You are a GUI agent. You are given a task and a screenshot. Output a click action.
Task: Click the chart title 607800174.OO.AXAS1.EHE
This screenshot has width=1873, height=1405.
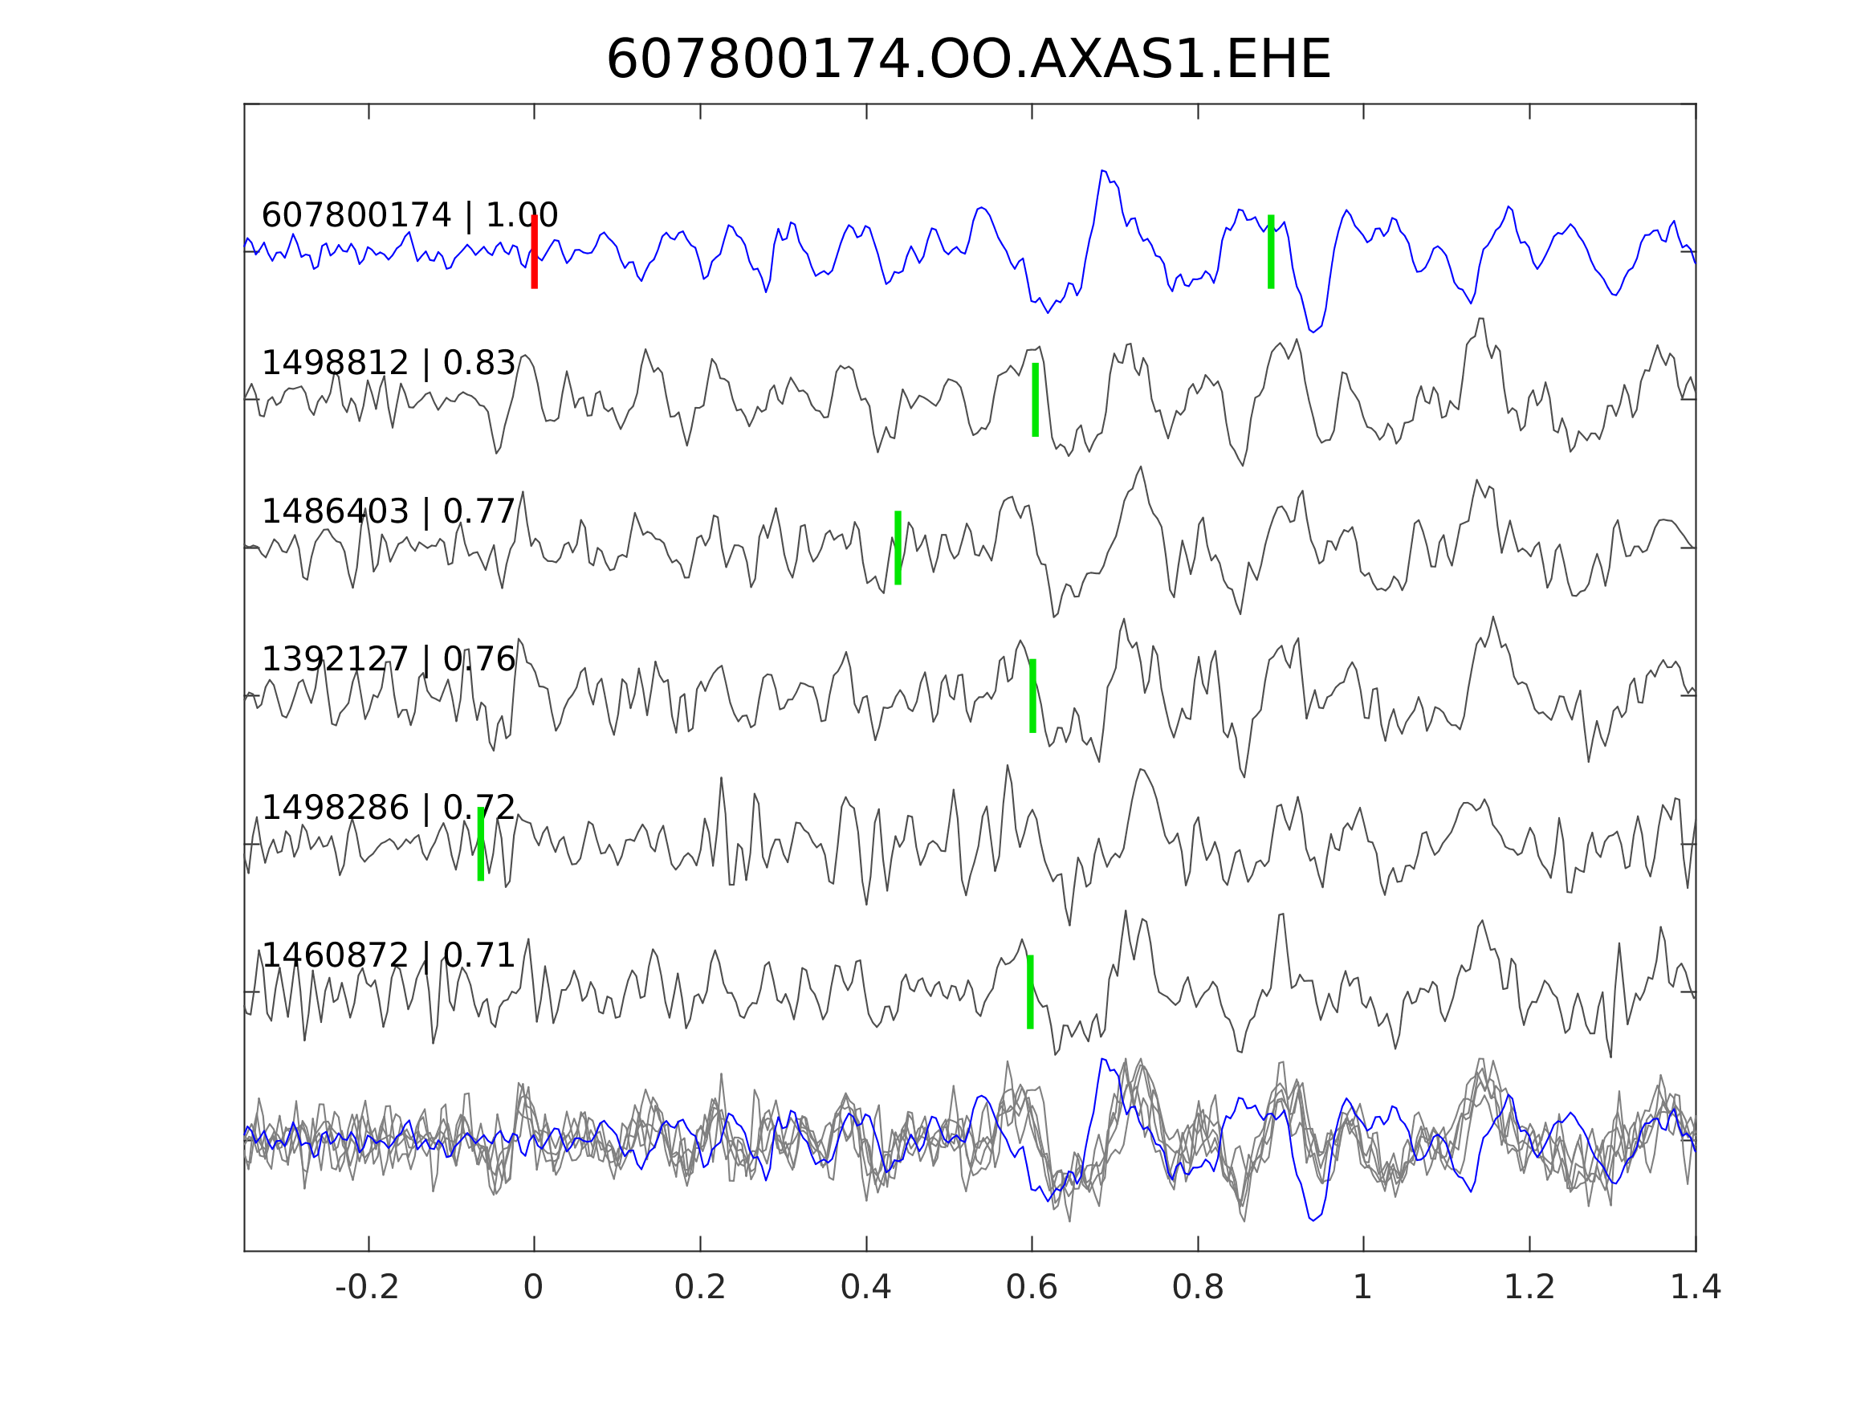click(969, 60)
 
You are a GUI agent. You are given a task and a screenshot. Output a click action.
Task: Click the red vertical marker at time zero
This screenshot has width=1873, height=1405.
click(535, 251)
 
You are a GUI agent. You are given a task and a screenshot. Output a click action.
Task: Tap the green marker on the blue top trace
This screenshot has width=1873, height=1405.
click(1271, 251)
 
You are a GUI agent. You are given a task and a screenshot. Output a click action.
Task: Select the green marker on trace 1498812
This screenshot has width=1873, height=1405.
click(1035, 400)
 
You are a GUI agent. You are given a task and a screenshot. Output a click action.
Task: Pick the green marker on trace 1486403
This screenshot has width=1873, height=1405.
click(898, 548)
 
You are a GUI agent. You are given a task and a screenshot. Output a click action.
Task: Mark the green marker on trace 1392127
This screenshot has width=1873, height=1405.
click(1032, 696)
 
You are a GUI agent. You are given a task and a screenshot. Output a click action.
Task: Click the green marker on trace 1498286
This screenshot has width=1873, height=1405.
click(481, 845)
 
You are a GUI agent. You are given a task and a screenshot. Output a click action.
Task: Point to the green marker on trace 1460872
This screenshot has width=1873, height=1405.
click(1030, 992)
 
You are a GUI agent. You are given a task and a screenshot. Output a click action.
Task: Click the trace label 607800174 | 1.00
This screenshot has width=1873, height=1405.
click(409, 216)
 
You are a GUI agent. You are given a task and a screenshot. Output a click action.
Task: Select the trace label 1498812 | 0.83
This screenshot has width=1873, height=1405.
click(389, 364)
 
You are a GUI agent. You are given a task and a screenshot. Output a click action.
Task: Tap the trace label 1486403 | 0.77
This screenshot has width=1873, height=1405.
click(389, 512)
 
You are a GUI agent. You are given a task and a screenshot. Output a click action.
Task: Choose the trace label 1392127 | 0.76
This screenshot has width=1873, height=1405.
click(389, 660)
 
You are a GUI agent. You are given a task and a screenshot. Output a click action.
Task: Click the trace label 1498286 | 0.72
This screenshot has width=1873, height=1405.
click(389, 808)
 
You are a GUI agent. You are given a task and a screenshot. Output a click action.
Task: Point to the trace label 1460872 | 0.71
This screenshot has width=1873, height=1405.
click(389, 956)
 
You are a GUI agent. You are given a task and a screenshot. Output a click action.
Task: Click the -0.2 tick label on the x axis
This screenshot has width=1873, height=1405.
click(368, 1288)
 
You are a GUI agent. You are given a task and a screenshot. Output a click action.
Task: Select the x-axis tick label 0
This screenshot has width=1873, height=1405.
click(533, 1288)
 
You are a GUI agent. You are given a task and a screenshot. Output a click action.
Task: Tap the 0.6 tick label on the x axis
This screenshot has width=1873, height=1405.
click(1032, 1288)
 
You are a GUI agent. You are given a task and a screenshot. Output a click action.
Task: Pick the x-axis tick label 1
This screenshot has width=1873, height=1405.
click(1362, 1288)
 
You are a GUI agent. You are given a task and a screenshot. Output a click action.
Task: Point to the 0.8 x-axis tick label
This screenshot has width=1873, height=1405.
click(1197, 1288)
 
